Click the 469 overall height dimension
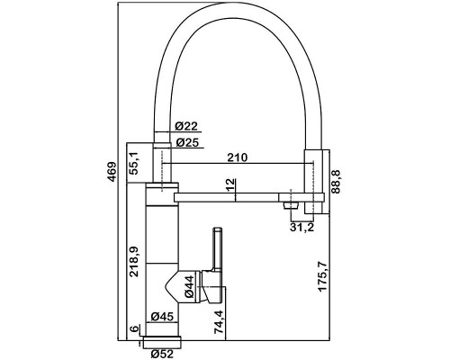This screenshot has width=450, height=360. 112,172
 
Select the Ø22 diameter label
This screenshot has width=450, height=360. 186,126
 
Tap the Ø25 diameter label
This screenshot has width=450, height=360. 187,142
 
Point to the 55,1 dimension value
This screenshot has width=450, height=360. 134,163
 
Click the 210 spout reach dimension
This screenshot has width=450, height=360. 238,157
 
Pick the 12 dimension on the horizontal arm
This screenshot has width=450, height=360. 229,186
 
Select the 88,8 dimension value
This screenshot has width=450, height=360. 337,182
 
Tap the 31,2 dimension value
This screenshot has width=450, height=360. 301,228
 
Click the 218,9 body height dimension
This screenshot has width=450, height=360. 133,262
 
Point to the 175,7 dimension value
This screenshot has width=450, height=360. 323,276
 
